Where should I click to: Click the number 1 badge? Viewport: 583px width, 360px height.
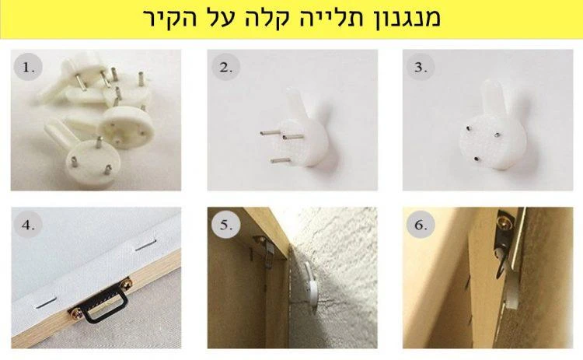coord(28,68)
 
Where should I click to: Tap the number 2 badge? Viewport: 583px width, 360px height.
coord(225,68)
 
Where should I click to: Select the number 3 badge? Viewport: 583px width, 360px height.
coord(421,68)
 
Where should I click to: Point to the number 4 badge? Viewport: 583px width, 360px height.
coord(28,227)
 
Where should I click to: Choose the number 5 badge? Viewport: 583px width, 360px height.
coord(225,227)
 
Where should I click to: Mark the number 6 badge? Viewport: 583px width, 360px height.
coord(421,227)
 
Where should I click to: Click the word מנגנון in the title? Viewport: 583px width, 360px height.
coord(400,19)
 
